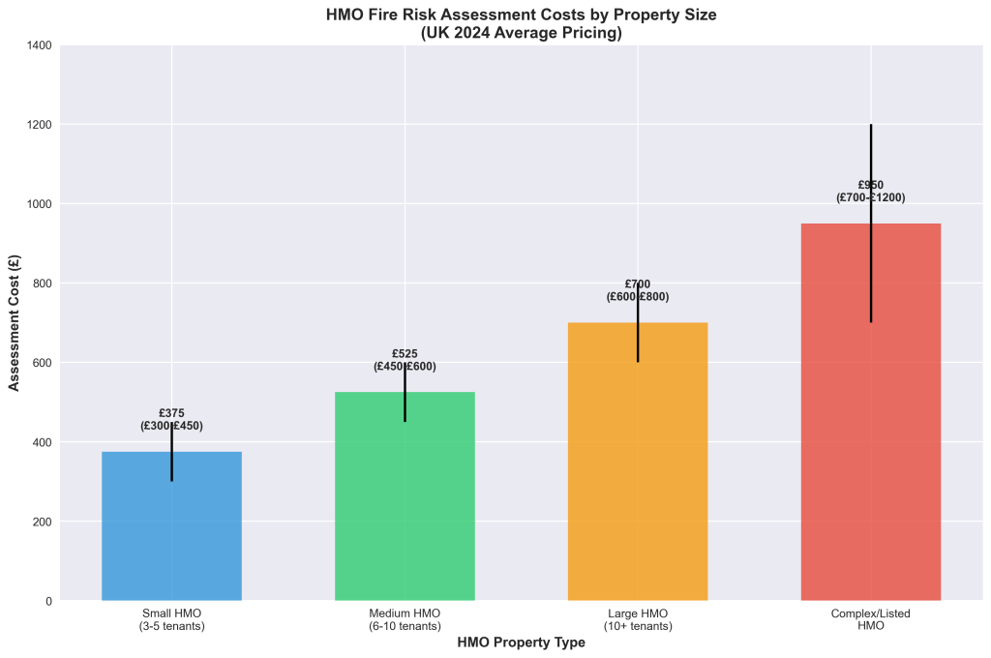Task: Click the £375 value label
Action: (x=171, y=413)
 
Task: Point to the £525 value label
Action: (x=405, y=354)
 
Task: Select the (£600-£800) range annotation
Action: (x=638, y=297)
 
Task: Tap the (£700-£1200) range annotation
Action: (x=871, y=197)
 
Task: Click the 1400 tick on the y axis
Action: (x=39, y=45)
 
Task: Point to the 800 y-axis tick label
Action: (x=43, y=284)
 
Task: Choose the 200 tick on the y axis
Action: (x=43, y=522)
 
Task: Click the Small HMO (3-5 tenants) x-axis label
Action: (x=171, y=620)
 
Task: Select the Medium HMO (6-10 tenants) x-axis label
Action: (x=405, y=620)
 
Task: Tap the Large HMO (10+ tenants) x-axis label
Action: (x=638, y=620)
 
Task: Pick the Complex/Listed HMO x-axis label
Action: (x=871, y=620)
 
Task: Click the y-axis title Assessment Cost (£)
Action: (x=15, y=323)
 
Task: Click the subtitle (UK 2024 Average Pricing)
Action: (x=521, y=33)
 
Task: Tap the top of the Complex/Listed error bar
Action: (x=871, y=126)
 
